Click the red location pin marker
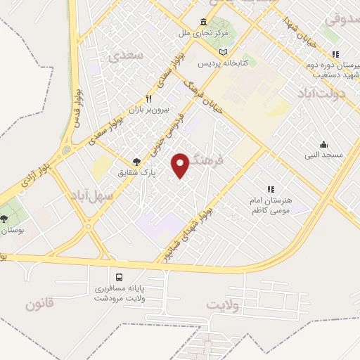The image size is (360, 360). (181, 165)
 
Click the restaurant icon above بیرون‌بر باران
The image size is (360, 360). (148, 99)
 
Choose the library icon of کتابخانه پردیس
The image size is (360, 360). (224, 53)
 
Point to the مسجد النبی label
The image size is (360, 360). (323, 154)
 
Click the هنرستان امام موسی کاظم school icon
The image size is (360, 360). (271, 188)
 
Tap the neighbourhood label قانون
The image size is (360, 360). (39, 304)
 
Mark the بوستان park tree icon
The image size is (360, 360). (6, 219)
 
